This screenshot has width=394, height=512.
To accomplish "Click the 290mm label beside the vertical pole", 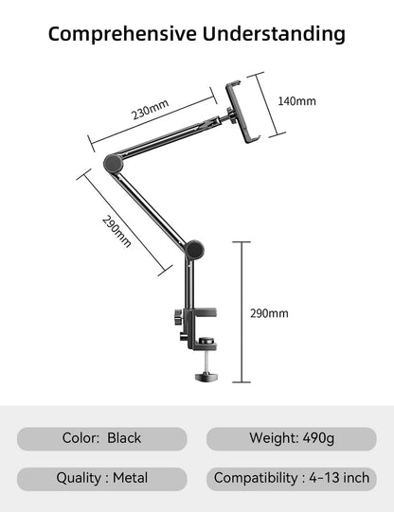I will [270, 313].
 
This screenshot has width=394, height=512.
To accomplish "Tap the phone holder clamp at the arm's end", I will [242, 114].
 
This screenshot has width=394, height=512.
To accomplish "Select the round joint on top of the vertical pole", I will [195, 250].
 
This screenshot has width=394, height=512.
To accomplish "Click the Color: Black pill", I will [101, 438].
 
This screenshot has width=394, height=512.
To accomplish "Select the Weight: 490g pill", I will [292, 438].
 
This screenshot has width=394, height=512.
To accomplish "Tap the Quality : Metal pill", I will [101, 478].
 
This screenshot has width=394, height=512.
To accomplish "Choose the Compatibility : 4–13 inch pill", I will [292, 478].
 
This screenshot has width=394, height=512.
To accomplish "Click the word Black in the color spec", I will [124, 438].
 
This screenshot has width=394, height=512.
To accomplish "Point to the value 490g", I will [316, 438].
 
